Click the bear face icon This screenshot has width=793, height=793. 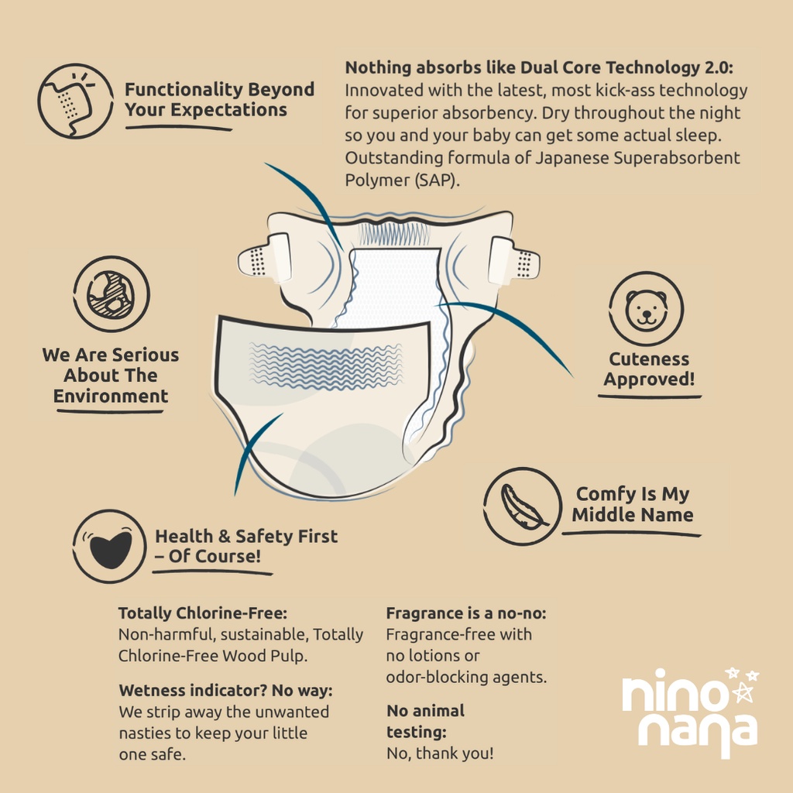pyautogui.click(x=646, y=309)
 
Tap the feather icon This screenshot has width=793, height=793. pyautogui.click(x=523, y=506)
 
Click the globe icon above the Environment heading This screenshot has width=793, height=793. pyautogui.click(x=112, y=294)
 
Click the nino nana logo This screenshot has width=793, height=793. pyautogui.click(x=690, y=713)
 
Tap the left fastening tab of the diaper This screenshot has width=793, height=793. pyautogui.click(x=265, y=259)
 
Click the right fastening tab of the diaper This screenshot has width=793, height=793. pyautogui.click(x=513, y=262)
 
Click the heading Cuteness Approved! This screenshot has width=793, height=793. pyautogui.click(x=649, y=369)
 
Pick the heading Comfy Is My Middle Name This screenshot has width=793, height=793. pyautogui.click(x=632, y=504)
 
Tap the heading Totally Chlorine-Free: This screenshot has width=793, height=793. pyautogui.click(x=203, y=613)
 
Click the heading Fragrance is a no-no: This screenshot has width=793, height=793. pyautogui.click(x=466, y=613)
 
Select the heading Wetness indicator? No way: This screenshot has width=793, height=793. pyautogui.click(x=226, y=690)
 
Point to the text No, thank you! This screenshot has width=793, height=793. pyautogui.click(x=440, y=754)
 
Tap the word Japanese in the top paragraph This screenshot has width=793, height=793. pyautogui.click(x=572, y=158)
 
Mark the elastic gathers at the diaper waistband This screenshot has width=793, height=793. pyautogui.click(x=393, y=234)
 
